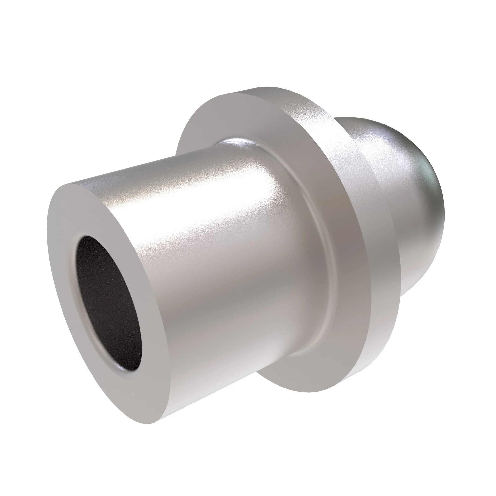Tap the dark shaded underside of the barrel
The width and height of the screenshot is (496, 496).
205,401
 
